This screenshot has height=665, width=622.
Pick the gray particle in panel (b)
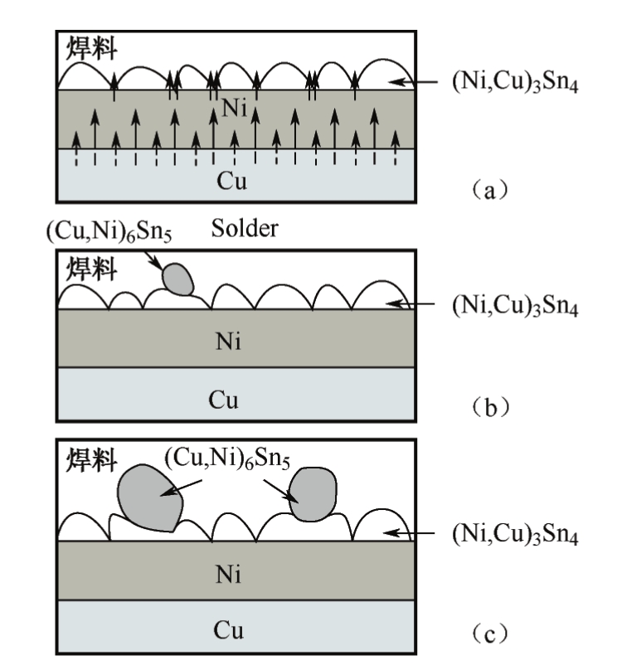pos(178,279)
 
